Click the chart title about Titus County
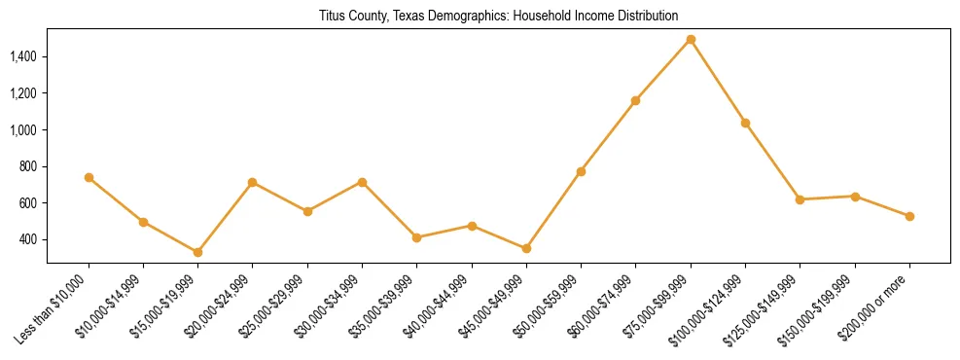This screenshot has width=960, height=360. coord(498,16)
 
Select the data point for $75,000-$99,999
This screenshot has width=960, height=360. coord(691,40)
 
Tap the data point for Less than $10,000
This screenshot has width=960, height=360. coord(89,177)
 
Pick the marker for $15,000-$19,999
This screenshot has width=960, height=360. coord(198,252)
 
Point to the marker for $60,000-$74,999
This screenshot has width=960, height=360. coord(635,100)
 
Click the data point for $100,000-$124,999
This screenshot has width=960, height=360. coord(745,123)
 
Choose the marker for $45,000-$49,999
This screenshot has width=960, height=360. coord(526,248)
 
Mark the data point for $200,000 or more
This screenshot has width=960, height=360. coord(909,216)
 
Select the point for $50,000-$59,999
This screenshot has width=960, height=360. coord(581,171)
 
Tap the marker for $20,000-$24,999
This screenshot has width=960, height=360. coord(253,182)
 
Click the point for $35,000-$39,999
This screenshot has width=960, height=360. coord(417,237)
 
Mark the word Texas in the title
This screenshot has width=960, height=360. coord(415,16)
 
